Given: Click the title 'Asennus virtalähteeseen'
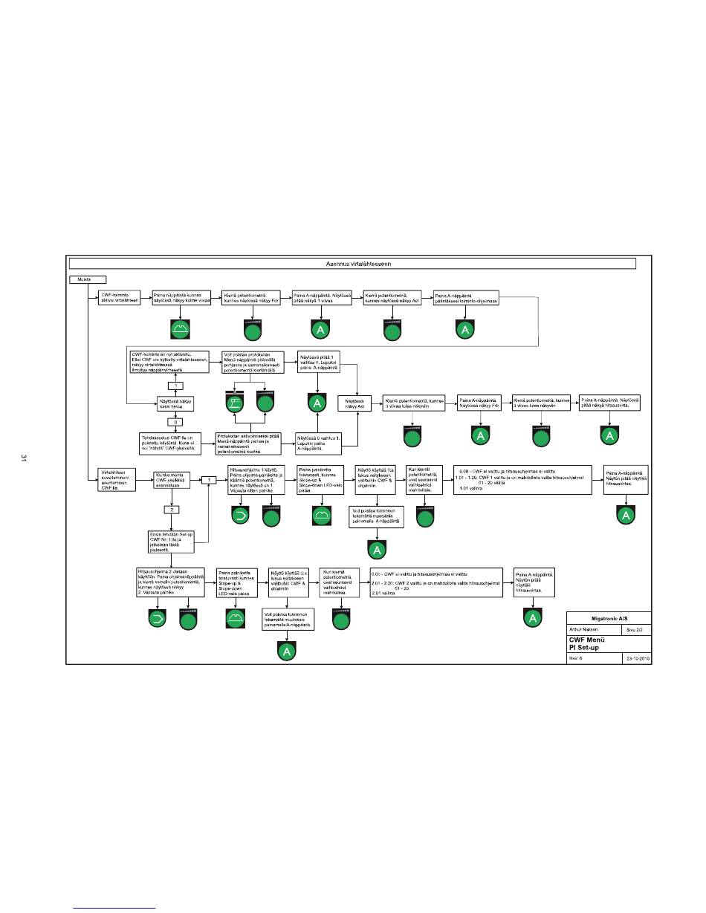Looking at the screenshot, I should coord(352,263).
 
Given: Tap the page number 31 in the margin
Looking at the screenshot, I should coord(25,458).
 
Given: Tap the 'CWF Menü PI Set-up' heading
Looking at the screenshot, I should coord(587,643).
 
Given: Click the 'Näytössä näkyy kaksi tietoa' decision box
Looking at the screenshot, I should coord(175,403).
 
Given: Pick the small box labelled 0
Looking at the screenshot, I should coord(176,422).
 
